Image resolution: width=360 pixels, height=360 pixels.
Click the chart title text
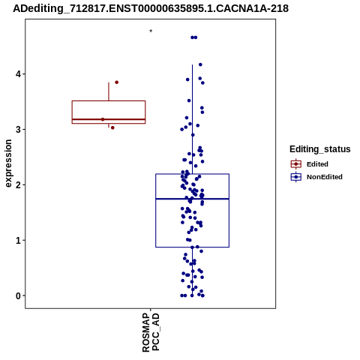tap(151, 8)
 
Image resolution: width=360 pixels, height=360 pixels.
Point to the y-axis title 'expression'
tap(8, 163)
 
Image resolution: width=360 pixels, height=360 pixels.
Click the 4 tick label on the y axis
tap(19, 74)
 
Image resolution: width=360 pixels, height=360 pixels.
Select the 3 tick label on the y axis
tap(19, 130)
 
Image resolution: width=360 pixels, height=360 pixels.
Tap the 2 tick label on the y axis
tap(19, 185)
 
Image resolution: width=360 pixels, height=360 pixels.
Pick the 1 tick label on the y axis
tap(19, 241)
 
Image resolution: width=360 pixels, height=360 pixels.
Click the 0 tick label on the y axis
tap(19, 296)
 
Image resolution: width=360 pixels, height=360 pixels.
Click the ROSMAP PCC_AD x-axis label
tap(151, 332)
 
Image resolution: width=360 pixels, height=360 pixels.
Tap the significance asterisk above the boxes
tap(151, 31)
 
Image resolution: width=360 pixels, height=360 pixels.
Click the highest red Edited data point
tap(116, 82)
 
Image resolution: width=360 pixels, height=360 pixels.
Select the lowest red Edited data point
tap(112, 127)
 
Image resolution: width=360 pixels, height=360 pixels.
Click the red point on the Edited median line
tap(103, 119)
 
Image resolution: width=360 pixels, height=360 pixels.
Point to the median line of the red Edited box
tap(109, 119)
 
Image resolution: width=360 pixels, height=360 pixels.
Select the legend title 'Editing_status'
tap(320, 149)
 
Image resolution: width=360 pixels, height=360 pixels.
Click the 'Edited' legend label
tap(317, 164)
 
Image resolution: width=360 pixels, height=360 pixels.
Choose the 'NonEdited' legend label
tap(325, 177)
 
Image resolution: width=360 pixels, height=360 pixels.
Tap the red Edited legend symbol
tap(296, 164)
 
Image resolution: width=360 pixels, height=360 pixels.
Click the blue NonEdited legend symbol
tap(296, 177)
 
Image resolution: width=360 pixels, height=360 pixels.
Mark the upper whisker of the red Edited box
tap(109, 91)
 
